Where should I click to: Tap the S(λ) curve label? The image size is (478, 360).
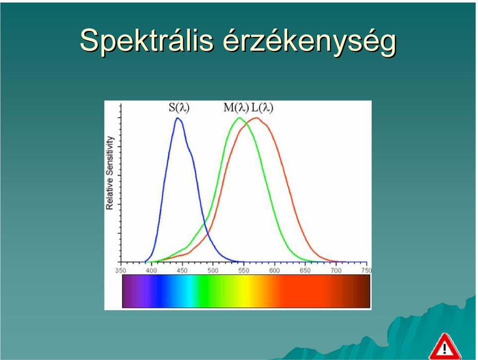[x=179, y=108]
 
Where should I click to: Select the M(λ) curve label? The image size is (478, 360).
[x=236, y=108]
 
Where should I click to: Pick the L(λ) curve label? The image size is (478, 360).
[x=262, y=108]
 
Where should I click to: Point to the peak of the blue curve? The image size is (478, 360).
[x=178, y=118]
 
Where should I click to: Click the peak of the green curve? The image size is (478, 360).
[x=239, y=118]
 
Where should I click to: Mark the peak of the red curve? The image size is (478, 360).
[x=256, y=118]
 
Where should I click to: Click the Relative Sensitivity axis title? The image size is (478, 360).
[x=110, y=173]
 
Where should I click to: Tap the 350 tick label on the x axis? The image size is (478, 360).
[x=120, y=271]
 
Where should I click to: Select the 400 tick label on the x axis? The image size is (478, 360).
[x=151, y=271]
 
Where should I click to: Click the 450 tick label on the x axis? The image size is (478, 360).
[x=182, y=271]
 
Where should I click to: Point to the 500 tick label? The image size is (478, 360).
[x=213, y=271]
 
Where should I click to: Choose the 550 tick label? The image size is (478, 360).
[x=244, y=271]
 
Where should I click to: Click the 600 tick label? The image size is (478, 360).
[x=275, y=271]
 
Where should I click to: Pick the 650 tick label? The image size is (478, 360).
[x=305, y=271]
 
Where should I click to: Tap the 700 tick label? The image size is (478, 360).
[x=336, y=271]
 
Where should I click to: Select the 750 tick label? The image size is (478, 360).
[x=366, y=271]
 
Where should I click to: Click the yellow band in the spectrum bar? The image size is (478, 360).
[x=244, y=291]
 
